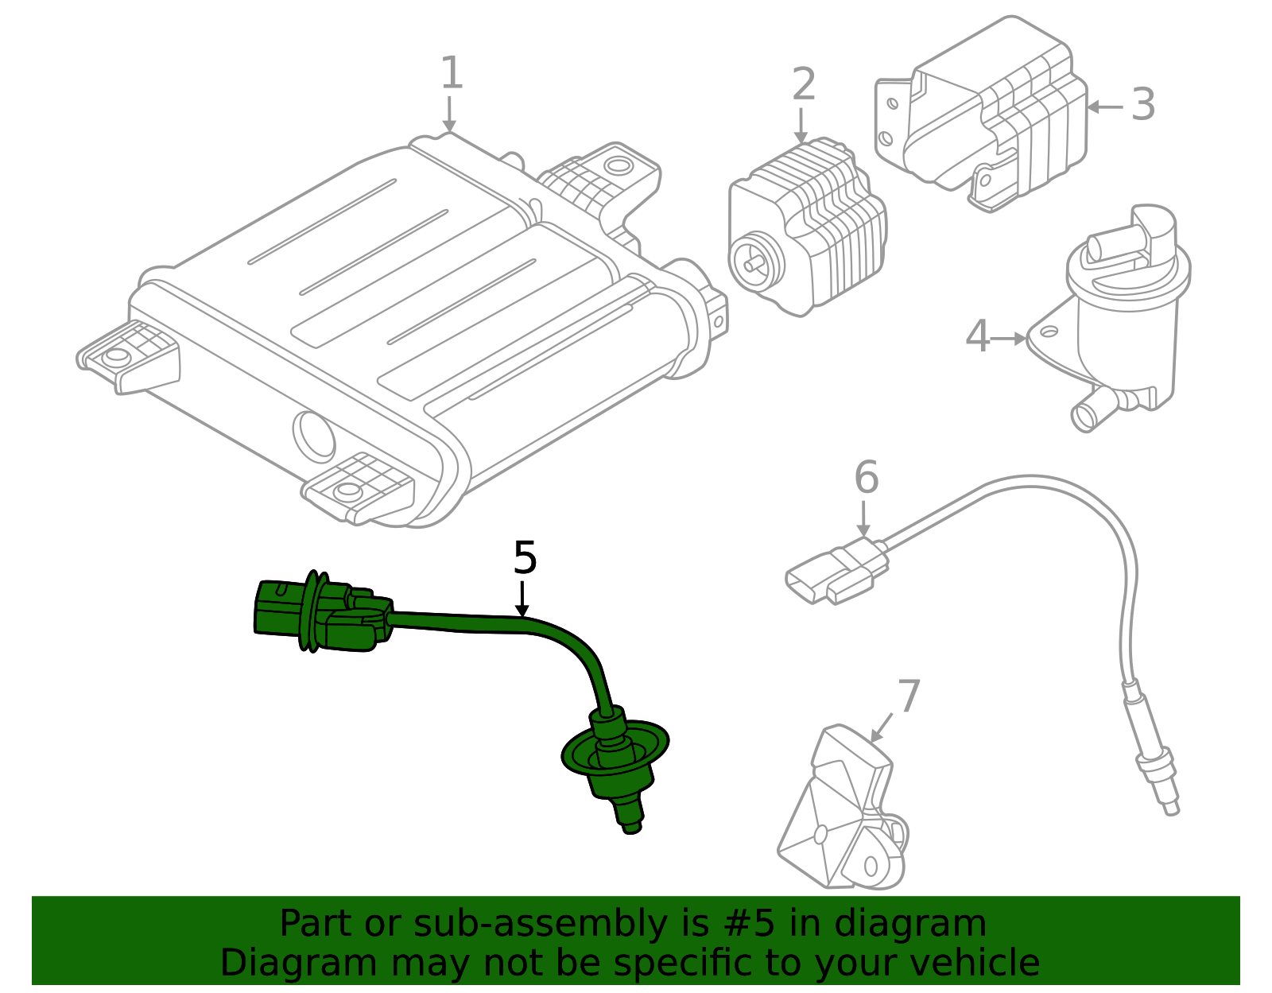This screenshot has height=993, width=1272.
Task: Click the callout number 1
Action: point(451,73)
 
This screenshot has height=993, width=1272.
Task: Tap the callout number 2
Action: point(804,84)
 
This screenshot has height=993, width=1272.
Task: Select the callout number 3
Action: point(1142,104)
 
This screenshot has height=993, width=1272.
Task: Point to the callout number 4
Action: point(977,336)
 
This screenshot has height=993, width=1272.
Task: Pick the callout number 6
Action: point(866,477)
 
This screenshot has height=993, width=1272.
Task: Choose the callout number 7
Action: point(908,696)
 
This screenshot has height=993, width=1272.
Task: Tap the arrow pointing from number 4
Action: point(1009,338)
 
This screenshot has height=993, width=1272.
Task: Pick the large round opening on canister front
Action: point(315,436)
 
